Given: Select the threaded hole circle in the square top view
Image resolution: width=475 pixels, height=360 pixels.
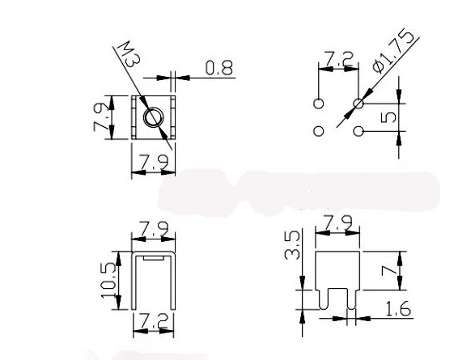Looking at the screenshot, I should [x=152, y=118].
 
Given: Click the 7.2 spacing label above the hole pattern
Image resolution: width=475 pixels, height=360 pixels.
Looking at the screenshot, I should [x=339, y=58].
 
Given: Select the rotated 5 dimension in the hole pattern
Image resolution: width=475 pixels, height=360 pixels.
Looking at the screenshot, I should [x=388, y=117].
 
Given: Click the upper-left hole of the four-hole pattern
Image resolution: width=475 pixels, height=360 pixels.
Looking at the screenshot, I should [x=319, y=104].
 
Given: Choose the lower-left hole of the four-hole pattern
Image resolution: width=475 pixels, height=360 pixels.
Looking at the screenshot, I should [x=319, y=130].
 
